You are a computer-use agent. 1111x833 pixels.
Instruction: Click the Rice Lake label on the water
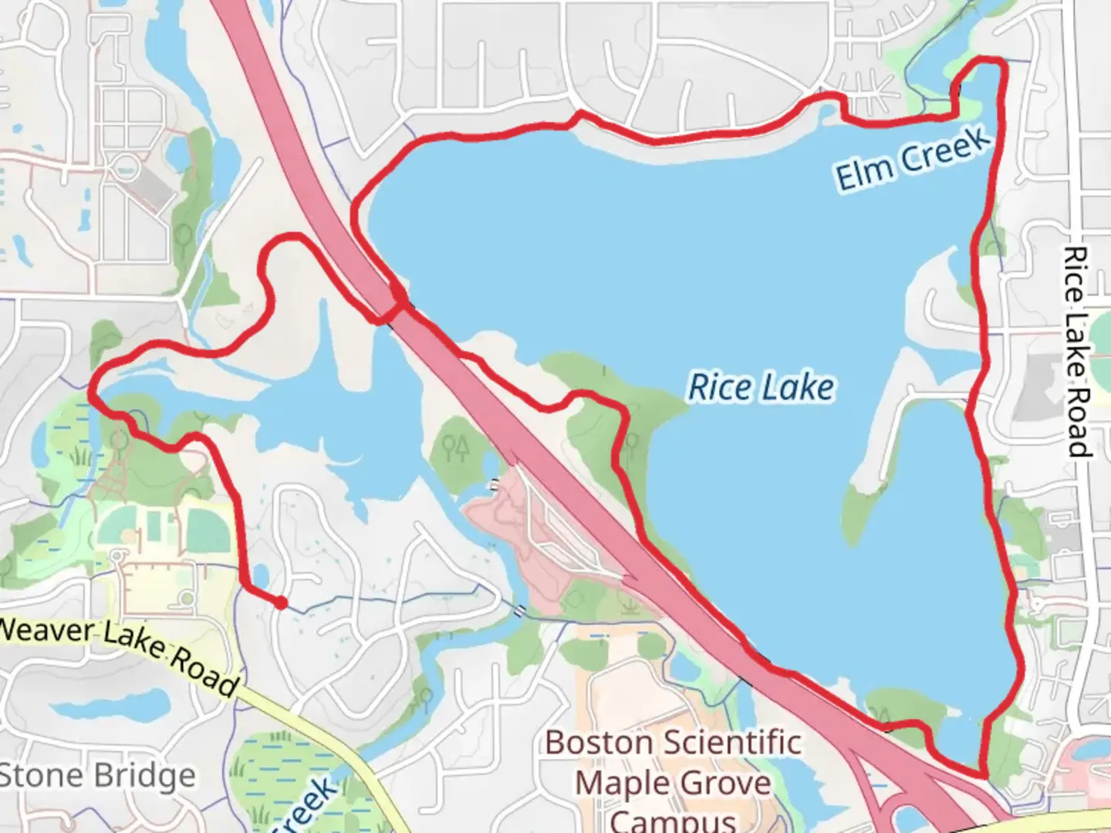[x=761, y=386]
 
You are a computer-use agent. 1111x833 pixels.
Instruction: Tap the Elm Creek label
[x=913, y=159]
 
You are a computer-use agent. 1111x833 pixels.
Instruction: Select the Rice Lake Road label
[x=1077, y=352]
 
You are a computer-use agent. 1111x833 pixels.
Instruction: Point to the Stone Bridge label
[x=96, y=776]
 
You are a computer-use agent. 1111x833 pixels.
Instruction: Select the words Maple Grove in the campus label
[x=673, y=783]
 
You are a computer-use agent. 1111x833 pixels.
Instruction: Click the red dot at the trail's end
[x=282, y=603]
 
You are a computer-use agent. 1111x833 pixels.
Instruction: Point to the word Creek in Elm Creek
[x=946, y=150]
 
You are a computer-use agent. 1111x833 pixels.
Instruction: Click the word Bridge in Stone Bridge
[x=147, y=776]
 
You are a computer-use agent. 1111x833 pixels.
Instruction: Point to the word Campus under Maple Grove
[x=673, y=819]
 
